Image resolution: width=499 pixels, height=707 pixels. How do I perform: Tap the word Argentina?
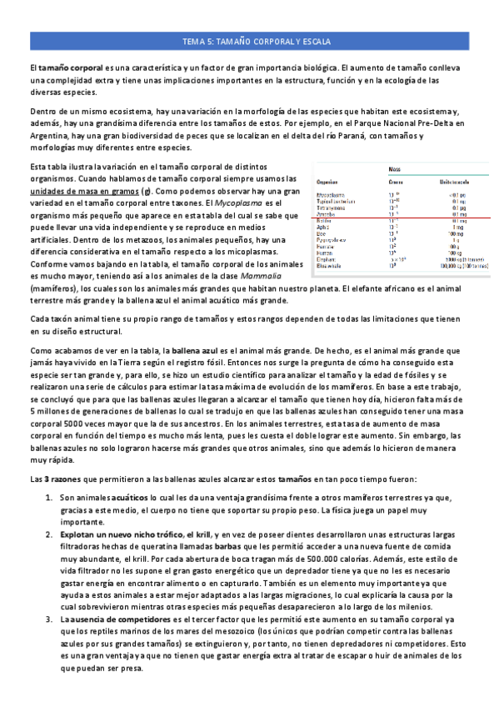tap(50, 134)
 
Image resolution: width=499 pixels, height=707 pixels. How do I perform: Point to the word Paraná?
tap(345, 134)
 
